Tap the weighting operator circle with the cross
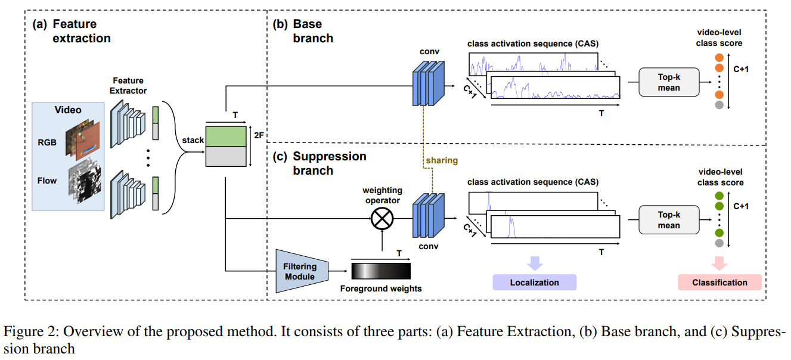[382, 219]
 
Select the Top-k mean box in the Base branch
[668, 82]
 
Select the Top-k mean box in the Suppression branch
[668, 220]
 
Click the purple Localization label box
[534, 283]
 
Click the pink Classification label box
[719, 283]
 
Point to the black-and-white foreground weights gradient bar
[381, 271]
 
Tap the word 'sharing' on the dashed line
[442, 160]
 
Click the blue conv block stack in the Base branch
[428, 84]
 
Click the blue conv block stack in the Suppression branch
[428, 218]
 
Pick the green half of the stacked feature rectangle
[225, 135]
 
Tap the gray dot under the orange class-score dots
[719, 105]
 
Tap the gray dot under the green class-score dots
[719, 243]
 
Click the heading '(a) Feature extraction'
[72, 31]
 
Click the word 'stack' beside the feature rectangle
[193, 141]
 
